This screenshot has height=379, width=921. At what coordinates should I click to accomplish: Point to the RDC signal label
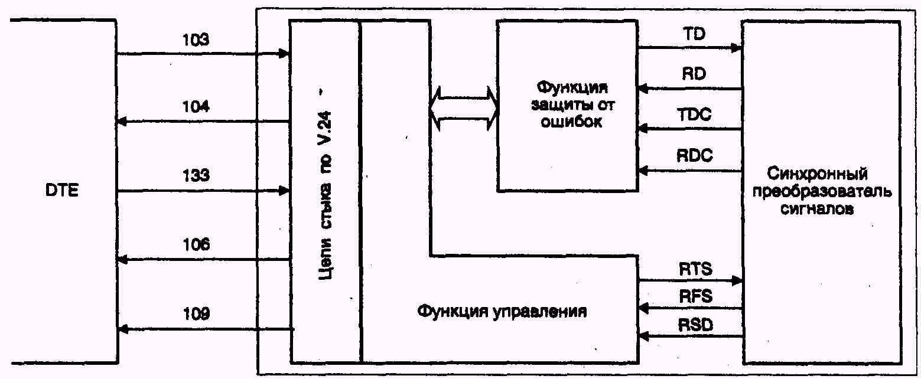pos(688,156)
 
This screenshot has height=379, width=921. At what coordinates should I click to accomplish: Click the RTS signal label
pos(688,269)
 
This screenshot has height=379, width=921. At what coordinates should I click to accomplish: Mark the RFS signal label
pos(688,295)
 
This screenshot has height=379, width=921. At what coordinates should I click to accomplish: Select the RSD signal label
pos(688,324)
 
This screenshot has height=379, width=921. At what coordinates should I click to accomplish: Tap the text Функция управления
pos(502,311)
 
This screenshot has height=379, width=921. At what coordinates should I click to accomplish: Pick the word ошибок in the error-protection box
pos(569,123)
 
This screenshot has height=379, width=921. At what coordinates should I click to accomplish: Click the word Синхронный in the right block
pos(818,175)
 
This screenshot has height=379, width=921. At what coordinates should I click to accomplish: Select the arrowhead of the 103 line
pos(284,54)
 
